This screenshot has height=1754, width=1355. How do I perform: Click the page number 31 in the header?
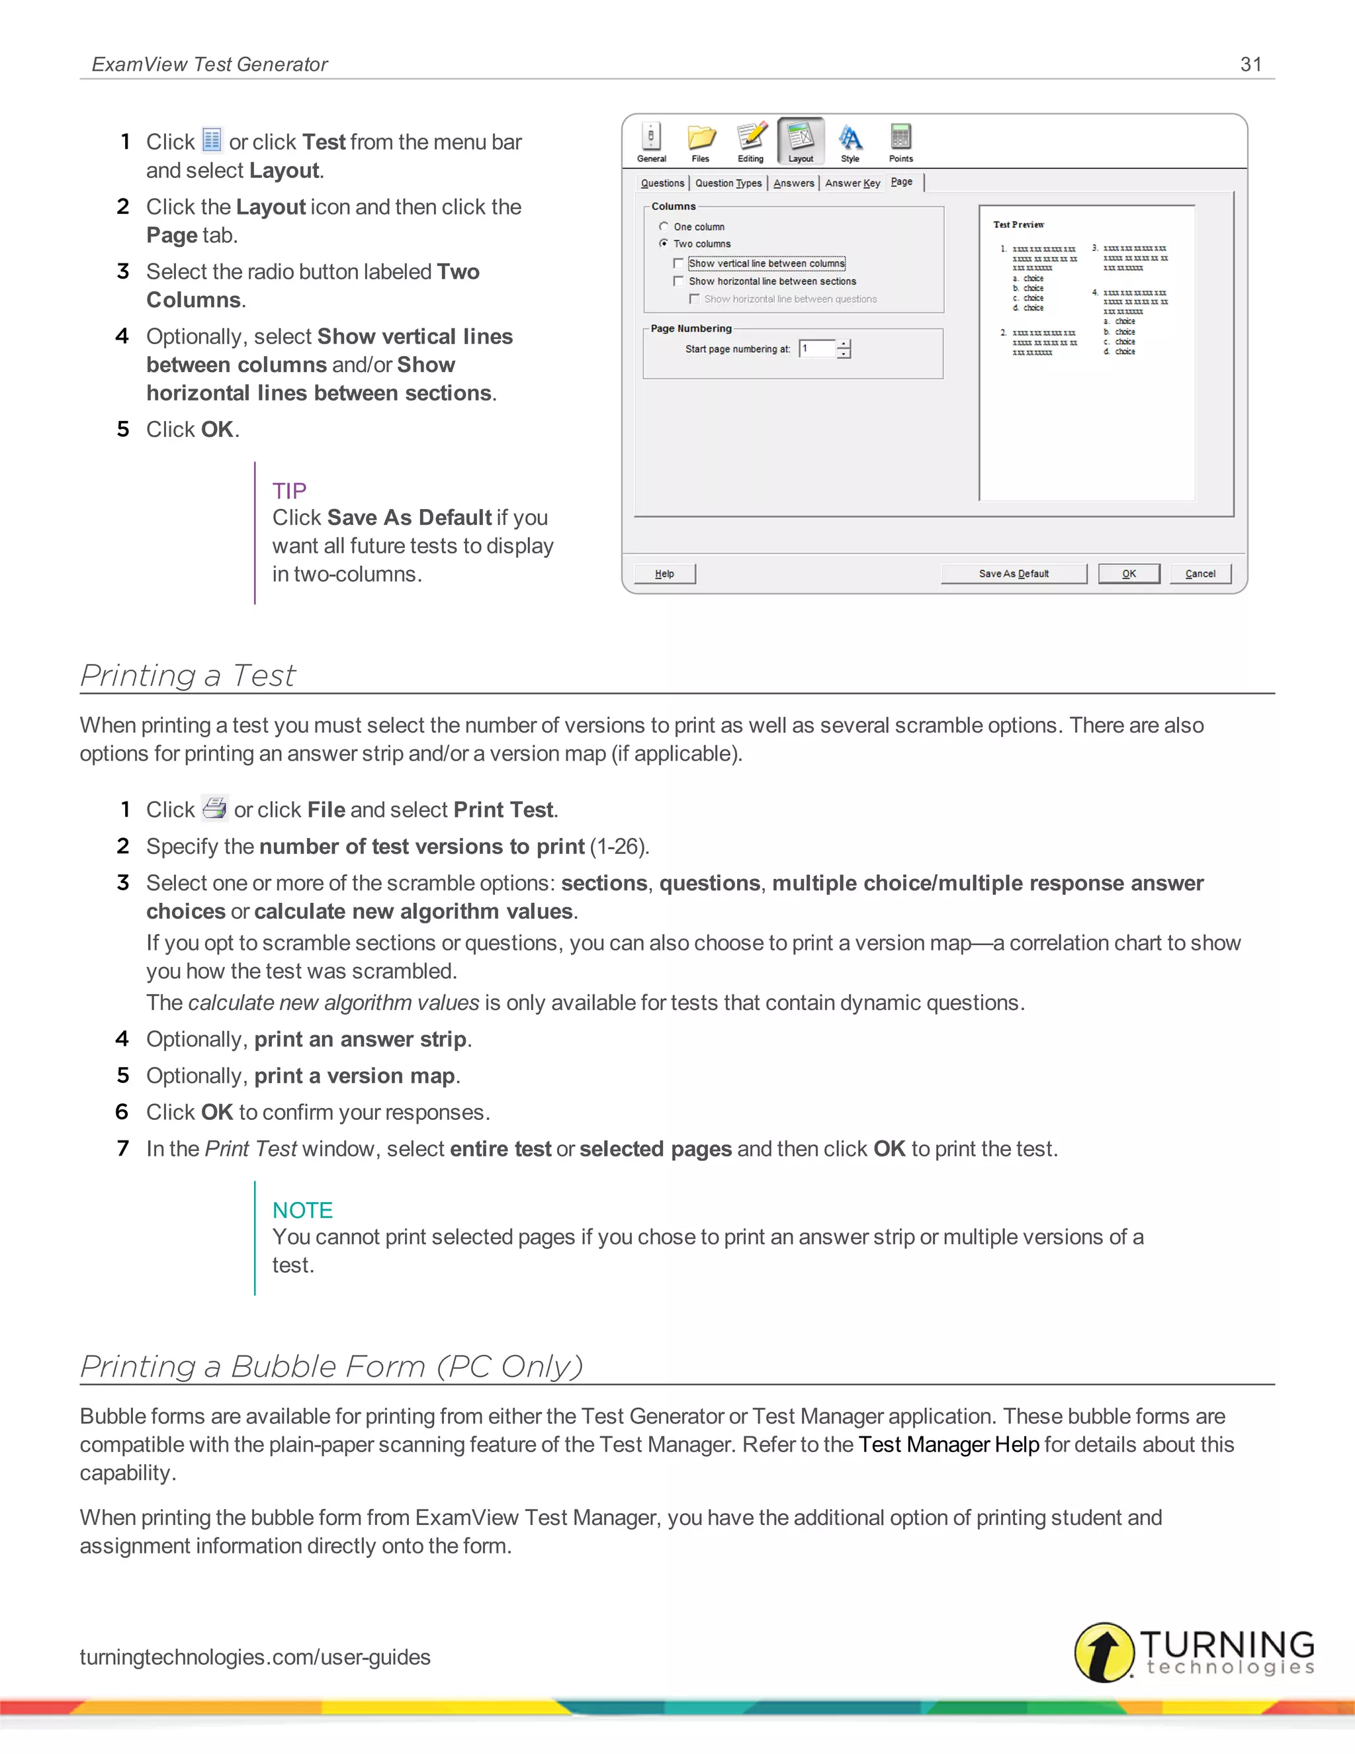coord(1250,64)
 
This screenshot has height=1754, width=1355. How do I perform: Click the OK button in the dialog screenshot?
coord(1129,573)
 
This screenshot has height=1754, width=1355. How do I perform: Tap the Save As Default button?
coord(1013,573)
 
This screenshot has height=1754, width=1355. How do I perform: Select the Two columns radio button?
coord(664,244)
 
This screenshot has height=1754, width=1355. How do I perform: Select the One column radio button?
coord(664,226)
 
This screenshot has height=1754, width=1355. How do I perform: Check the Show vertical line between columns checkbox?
coord(678,263)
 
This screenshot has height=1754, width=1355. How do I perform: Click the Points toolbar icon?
coord(900,142)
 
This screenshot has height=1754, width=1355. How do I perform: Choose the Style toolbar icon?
coord(850,142)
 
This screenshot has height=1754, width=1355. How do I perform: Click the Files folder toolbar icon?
coord(701,142)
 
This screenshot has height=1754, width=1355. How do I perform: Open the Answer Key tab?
coord(852,183)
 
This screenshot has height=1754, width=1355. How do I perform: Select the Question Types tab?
coord(728,183)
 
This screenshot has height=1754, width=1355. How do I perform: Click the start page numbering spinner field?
coord(817,349)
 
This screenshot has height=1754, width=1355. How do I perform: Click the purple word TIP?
coord(289,490)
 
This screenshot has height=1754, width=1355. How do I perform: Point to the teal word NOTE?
coord(302,1211)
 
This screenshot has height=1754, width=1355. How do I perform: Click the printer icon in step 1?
coord(214,808)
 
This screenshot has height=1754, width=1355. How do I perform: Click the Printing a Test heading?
coord(188,675)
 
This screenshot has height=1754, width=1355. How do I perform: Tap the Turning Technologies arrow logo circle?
coord(1104,1652)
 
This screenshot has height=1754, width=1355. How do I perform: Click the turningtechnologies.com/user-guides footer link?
coord(255,1657)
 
